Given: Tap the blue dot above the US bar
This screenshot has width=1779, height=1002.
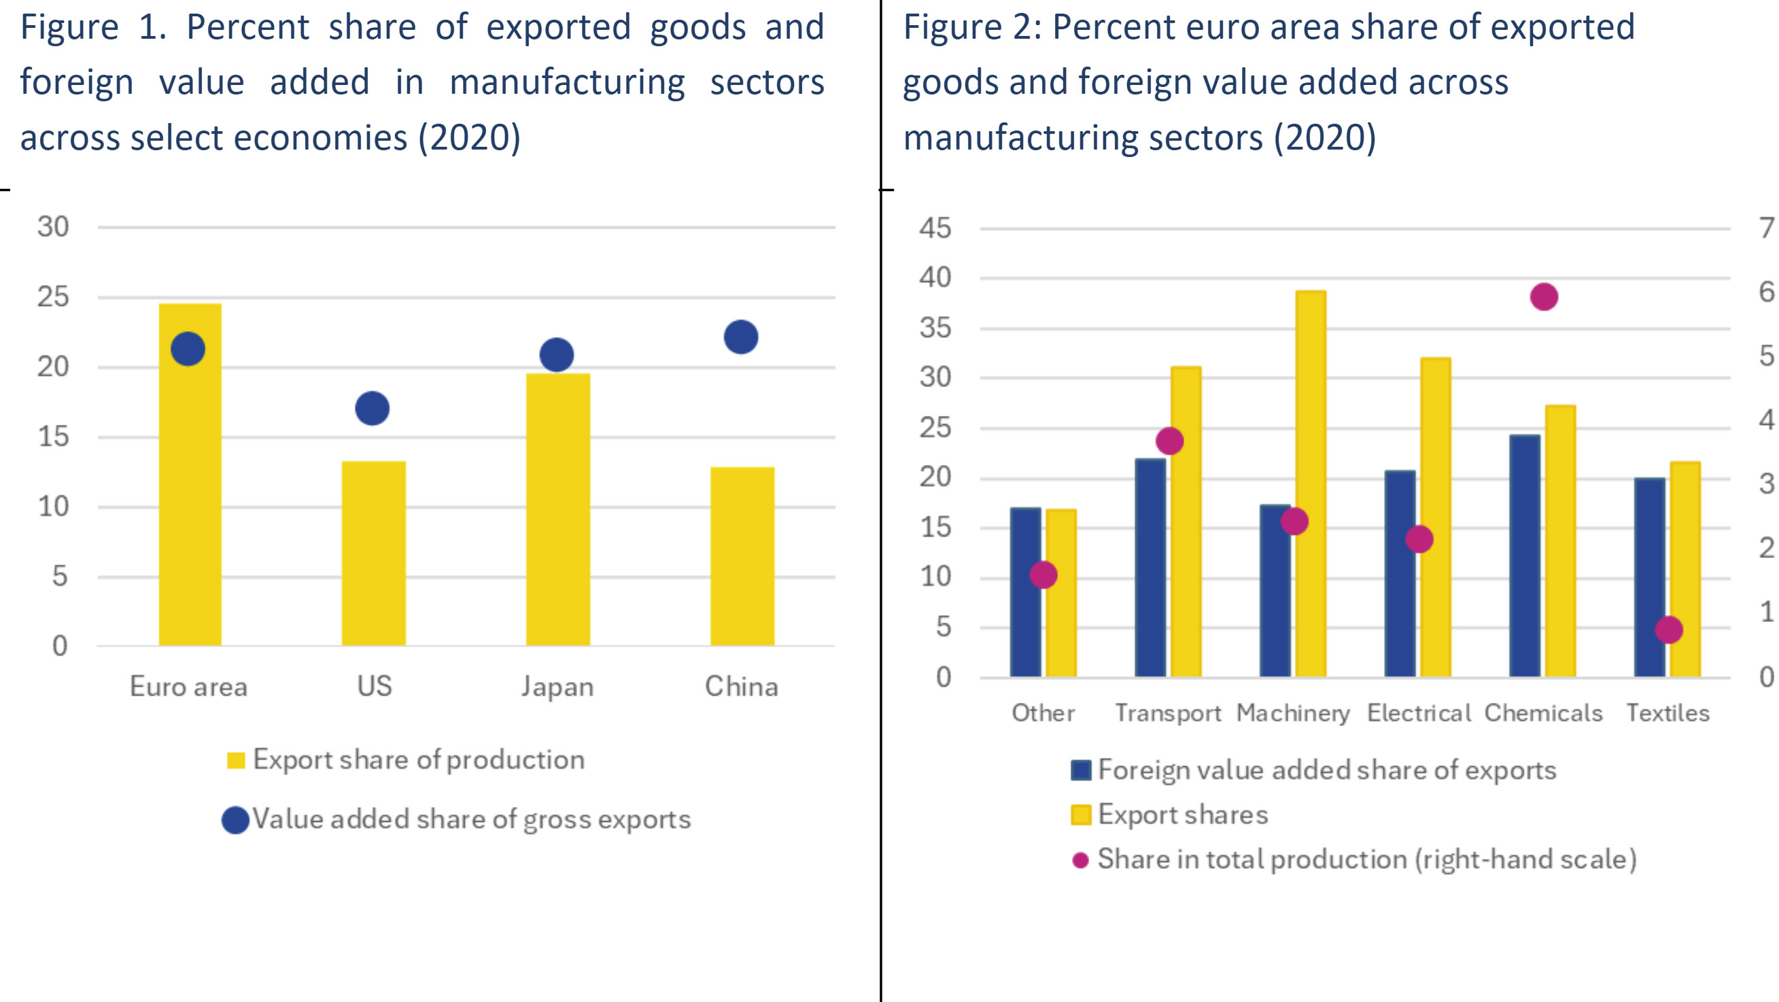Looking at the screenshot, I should [x=373, y=408].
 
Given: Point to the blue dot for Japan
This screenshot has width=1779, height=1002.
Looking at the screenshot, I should [x=557, y=355].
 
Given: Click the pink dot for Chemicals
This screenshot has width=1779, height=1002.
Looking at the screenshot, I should [x=1544, y=297].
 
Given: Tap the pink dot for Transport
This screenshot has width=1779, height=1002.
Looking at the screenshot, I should [x=1170, y=440].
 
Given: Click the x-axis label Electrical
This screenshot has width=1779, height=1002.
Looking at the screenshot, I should [x=1419, y=712].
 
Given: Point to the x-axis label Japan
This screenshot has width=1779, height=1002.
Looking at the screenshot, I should [x=557, y=687].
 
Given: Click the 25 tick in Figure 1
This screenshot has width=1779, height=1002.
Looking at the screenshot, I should [x=53, y=297].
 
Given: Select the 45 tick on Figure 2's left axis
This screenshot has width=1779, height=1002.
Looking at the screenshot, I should [x=935, y=228].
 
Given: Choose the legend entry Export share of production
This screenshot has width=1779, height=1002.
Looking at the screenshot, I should [x=418, y=759].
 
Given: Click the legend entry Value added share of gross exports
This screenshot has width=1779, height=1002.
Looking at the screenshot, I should [x=470, y=819].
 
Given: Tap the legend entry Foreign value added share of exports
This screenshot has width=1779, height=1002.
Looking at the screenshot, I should [x=1326, y=770].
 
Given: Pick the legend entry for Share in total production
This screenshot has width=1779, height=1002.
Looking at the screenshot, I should [x=1366, y=859].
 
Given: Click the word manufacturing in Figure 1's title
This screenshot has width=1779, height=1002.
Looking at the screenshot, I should [x=567, y=82].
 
